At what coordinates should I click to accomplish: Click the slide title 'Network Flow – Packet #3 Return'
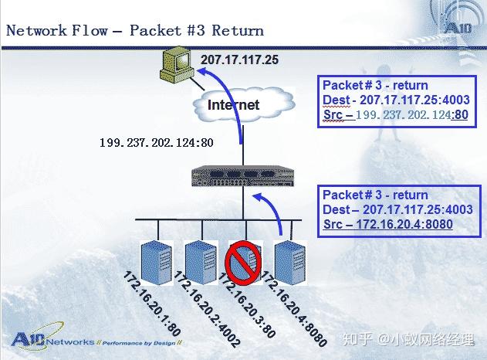point(135,31)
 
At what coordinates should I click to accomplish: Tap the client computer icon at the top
point(176,66)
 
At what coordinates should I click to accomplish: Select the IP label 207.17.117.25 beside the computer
point(239,59)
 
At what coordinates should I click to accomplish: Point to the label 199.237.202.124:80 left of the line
point(156,143)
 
